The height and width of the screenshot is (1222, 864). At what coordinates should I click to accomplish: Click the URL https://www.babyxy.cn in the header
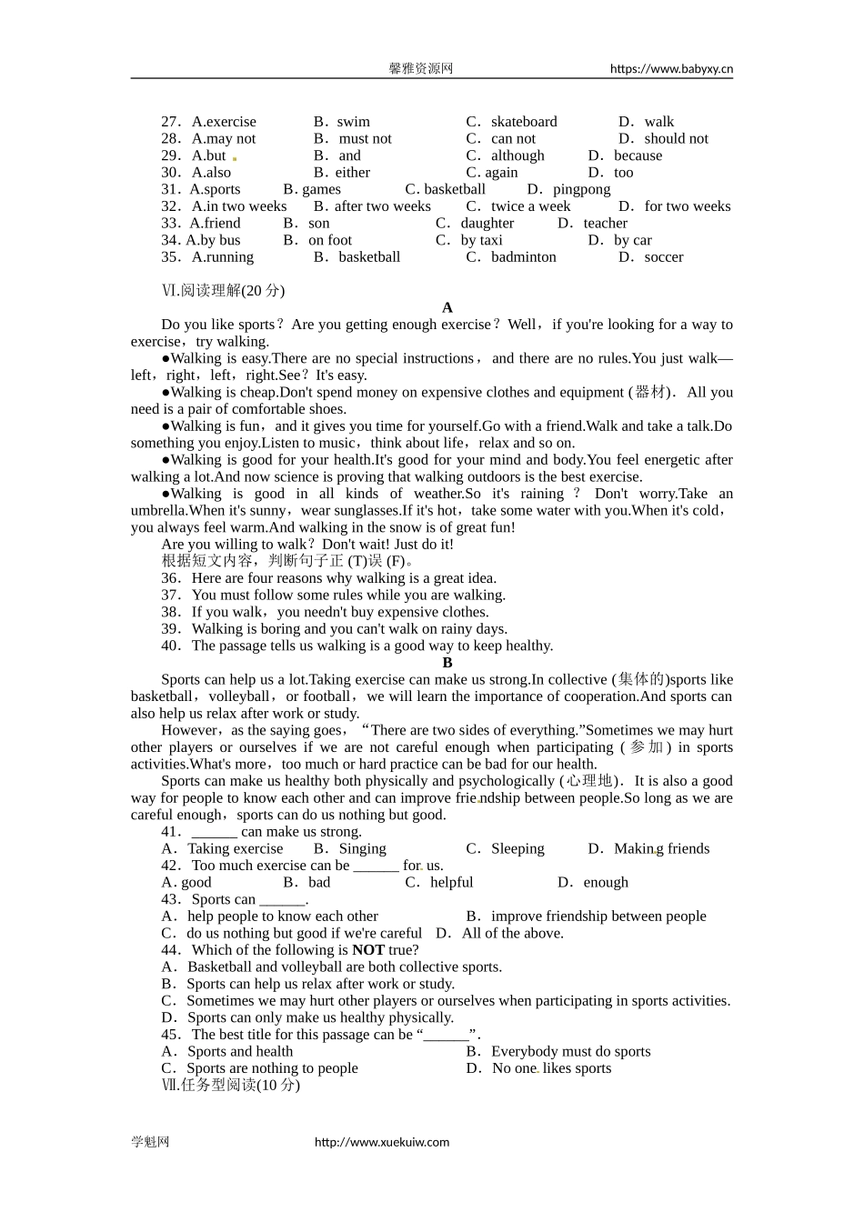[671, 68]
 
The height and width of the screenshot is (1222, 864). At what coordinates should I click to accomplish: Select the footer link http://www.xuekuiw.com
[382, 1142]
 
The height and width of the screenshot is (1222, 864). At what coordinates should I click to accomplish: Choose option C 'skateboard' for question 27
[523, 122]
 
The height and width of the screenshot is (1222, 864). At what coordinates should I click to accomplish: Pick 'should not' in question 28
[676, 139]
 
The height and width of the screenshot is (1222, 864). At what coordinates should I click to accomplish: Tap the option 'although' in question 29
[517, 155]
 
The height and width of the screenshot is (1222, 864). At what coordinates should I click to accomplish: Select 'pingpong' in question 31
[581, 189]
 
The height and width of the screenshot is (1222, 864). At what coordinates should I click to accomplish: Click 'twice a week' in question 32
[530, 206]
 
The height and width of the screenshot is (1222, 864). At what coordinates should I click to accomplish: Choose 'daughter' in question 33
[487, 224]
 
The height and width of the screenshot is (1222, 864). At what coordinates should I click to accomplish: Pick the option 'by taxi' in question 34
[481, 240]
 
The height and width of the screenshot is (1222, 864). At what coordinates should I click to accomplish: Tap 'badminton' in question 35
[523, 257]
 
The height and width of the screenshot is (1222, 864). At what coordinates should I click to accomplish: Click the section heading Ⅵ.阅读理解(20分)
[223, 291]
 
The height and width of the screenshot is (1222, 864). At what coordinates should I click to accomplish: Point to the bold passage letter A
[447, 308]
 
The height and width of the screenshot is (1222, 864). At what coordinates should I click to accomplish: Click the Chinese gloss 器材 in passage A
[650, 393]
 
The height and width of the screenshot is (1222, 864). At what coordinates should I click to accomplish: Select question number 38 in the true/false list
[170, 612]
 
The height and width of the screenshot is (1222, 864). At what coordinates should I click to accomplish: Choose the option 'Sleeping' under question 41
[517, 849]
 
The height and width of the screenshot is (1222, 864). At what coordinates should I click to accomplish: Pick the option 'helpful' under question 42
[451, 883]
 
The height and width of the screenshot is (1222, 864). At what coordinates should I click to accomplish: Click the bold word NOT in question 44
[368, 950]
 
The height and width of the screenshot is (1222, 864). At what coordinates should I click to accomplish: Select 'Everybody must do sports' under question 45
[570, 1052]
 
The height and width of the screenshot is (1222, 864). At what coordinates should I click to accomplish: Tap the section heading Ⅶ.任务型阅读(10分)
[230, 1086]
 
